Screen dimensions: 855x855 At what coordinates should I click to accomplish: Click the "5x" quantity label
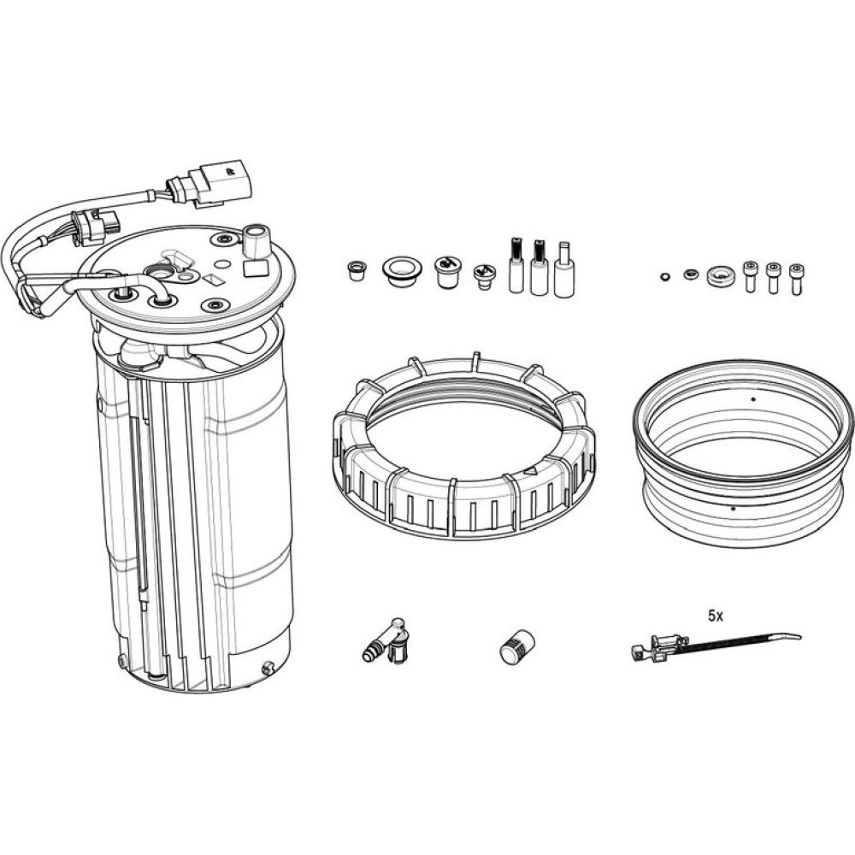716,616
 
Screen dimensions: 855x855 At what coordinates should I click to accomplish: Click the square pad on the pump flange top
255,268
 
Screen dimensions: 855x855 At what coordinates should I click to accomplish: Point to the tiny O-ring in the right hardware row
663,277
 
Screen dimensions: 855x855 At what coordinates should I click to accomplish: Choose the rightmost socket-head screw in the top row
796,279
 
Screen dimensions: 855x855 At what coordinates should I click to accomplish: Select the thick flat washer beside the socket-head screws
721,276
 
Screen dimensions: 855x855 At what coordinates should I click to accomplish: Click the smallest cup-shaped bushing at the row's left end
356,270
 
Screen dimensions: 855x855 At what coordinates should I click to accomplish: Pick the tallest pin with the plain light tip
563,269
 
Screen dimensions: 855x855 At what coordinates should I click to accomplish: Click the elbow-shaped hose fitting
385,641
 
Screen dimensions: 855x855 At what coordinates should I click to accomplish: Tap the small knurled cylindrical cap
517,646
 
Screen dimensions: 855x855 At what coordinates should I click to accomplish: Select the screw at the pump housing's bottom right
268,667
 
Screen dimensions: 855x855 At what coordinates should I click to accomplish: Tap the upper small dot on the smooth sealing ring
753,399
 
